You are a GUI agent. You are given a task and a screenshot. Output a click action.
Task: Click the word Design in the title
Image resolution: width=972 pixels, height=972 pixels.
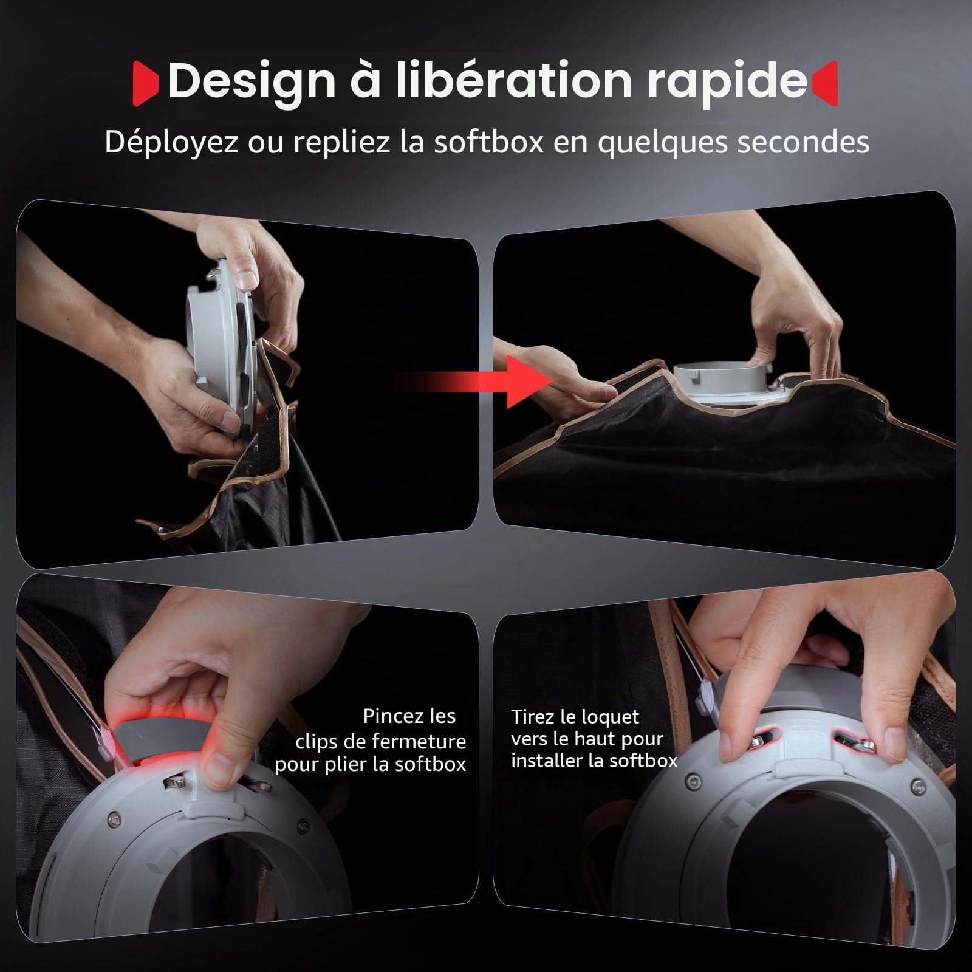click(252, 81)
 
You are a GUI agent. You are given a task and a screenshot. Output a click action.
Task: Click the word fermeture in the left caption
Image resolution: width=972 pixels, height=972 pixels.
click(419, 741)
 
